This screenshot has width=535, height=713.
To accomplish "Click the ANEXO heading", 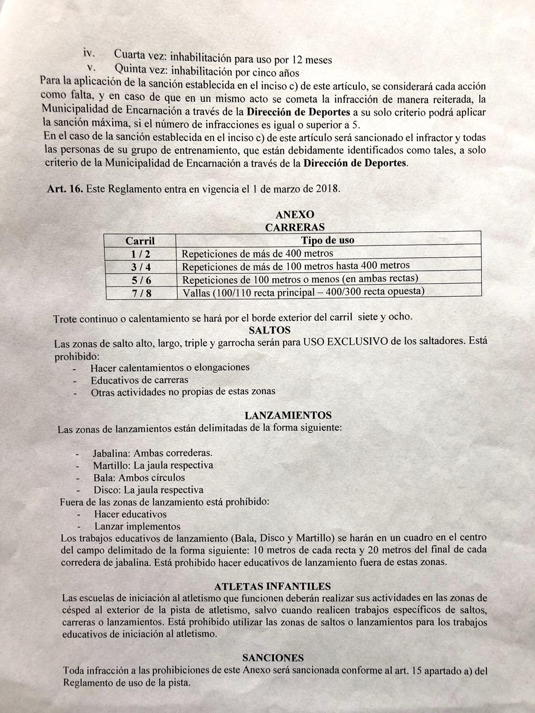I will click(x=295, y=215).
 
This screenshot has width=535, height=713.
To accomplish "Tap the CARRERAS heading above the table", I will click(x=295, y=227).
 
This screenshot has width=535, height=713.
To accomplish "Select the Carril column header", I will click(x=140, y=241).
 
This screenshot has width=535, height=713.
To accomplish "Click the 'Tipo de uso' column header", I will click(x=328, y=240).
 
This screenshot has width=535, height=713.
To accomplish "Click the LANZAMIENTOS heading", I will click(x=288, y=415).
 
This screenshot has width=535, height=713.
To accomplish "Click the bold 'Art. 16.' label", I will click(x=65, y=188).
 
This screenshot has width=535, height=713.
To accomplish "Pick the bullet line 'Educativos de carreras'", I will click(x=139, y=380).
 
